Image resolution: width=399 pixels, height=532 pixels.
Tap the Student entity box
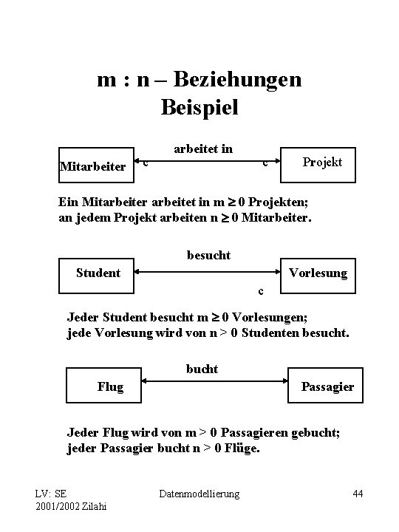tap(98, 273)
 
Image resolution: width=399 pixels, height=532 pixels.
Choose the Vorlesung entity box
tap(318, 273)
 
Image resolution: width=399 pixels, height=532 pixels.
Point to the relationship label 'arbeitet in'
tap(203, 149)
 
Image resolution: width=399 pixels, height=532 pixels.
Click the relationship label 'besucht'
tap(208, 255)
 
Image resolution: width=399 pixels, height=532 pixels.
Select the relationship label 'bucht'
tap(202, 369)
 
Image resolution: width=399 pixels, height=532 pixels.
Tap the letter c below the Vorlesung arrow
tap(260, 290)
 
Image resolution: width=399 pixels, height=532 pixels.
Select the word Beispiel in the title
tap(199, 108)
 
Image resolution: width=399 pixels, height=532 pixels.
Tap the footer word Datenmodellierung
tap(199, 493)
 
